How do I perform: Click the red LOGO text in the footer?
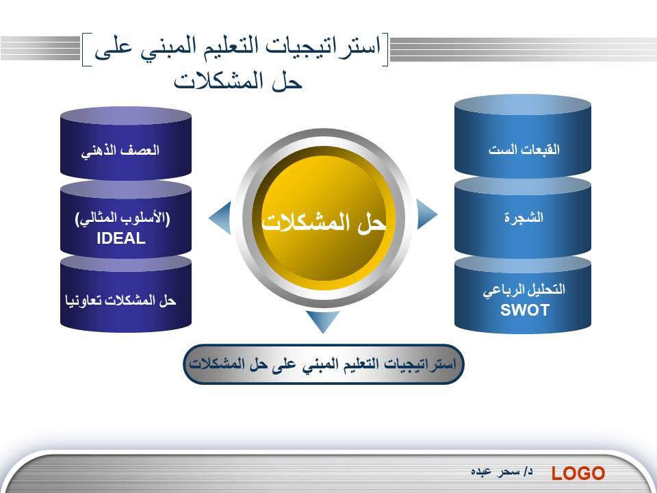pos(578,473)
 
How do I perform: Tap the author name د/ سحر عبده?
pos(502,472)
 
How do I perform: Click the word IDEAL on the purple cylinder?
pos(120,238)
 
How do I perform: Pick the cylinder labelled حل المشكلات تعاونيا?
pos(126,294)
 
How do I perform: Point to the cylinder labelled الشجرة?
pos(522,217)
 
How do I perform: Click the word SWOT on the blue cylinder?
pos(525,309)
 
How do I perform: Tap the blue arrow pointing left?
pos(220,217)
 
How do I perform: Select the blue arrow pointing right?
pos(426,214)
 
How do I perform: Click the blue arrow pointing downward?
pos(322,320)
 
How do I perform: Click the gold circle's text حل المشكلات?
pos(324,222)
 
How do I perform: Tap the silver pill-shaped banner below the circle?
pos(324,364)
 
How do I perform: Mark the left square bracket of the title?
pos(86,49)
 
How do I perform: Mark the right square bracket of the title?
pos(385,49)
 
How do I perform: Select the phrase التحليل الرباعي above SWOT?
pos(524,290)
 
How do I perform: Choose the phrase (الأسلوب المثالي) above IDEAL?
pos(123,218)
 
